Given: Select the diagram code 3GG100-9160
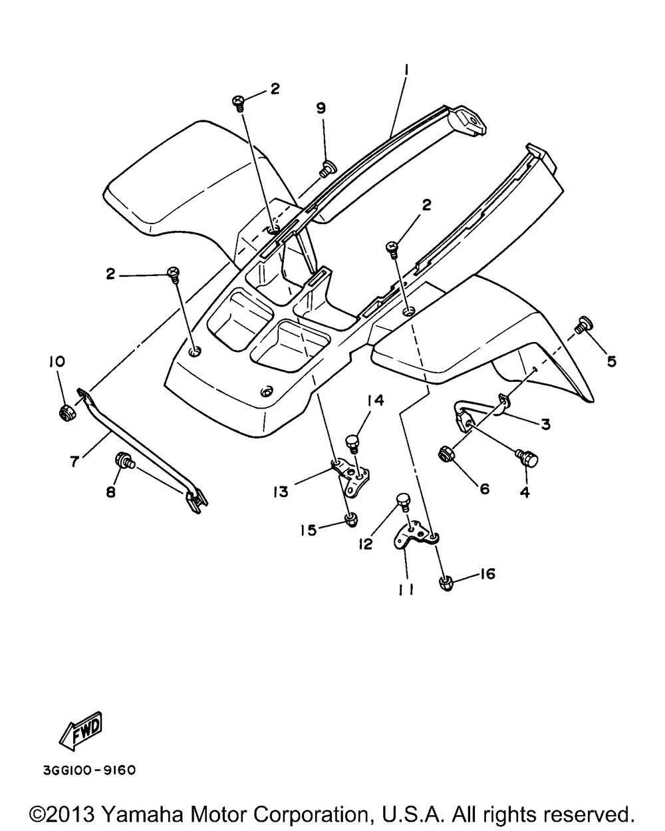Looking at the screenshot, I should pyautogui.click(x=89, y=770).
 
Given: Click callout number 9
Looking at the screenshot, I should pyautogui.click(x=321, y=108).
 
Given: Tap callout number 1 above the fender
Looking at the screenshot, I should pyautogui.click(x=404, y=69).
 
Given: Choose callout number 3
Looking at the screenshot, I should pyautogui.click(x=545, y=424).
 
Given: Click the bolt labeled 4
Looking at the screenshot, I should pyautogui.click(x=528, y=458).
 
